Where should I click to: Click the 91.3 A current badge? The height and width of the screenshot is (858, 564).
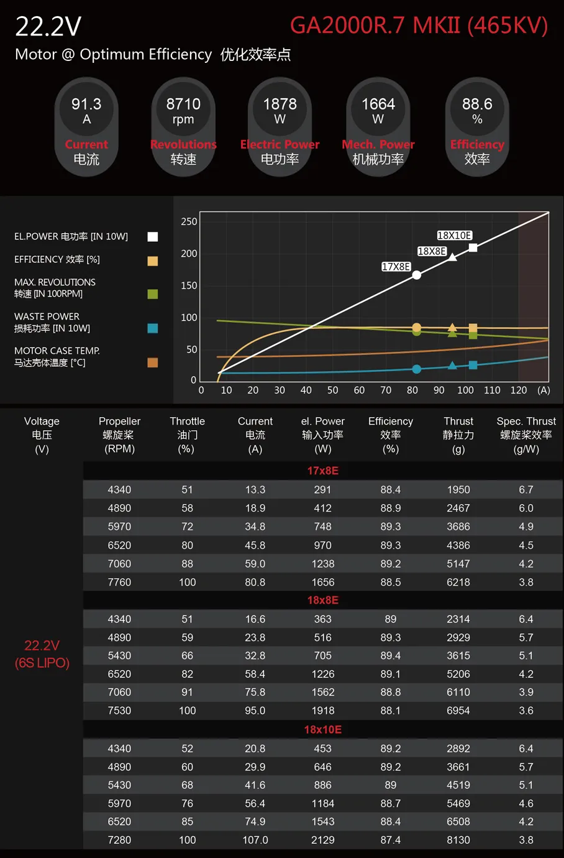86,127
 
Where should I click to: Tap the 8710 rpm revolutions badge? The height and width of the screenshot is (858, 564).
183,127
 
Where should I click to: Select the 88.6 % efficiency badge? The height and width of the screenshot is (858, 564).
477,127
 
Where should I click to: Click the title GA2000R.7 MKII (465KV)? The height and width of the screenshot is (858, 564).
419,25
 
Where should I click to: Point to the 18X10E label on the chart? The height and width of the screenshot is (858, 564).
454,236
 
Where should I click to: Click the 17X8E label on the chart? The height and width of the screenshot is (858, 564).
396,267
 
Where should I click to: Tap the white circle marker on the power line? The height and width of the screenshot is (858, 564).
417,275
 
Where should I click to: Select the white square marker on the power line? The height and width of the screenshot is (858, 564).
473,247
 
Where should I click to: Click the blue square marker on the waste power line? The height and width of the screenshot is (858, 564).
473,365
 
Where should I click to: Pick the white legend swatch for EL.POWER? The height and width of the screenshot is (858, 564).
152,236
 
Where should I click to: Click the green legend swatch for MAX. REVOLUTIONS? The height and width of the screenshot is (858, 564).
152,293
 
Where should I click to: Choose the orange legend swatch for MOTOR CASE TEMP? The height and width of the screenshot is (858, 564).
152,362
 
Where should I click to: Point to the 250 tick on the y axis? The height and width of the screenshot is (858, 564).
189,221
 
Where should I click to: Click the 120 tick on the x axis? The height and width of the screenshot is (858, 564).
518,390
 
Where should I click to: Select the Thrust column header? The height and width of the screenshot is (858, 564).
458,435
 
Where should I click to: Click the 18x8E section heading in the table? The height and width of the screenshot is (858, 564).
322,600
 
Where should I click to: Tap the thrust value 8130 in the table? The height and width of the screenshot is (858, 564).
458,840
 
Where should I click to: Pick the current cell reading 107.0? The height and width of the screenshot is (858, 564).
255,840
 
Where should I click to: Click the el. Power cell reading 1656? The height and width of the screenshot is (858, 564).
322,582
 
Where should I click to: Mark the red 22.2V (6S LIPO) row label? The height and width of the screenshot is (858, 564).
42,654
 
